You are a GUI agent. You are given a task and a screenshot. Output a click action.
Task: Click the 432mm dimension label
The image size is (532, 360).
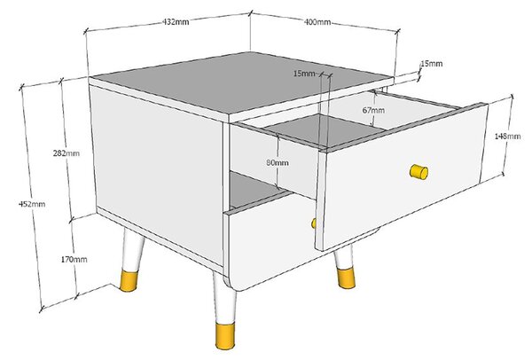[x=176, y=22]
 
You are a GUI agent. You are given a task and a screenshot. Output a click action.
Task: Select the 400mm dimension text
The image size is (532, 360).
[x=317, y=22]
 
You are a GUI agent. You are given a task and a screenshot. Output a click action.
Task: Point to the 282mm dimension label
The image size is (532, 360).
[x=66, y=153]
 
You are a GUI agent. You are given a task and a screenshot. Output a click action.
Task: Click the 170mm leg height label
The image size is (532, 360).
[x=74, y=260]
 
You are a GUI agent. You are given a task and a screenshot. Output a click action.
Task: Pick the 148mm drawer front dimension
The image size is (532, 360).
[x=507, y=136]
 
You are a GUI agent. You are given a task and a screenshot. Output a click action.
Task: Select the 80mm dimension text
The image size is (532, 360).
[x=278, y=163]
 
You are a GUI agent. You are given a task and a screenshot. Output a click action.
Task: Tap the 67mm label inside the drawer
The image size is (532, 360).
[x=373, y=110]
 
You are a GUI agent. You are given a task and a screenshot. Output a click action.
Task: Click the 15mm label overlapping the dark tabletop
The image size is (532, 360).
[x=304, y=74]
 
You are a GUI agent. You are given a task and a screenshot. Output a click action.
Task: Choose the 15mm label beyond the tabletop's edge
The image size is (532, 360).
[x=432, y=64]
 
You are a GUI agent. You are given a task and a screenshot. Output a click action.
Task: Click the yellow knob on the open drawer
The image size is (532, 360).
[x=419, y=172]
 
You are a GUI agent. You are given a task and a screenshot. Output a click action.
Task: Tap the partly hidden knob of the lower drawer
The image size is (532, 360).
[x=314, y=223]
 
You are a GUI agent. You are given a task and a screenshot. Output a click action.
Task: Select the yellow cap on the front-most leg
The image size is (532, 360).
[x=225, y=335]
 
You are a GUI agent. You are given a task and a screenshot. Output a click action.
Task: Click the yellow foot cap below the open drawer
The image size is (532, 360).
[x=347, y=278]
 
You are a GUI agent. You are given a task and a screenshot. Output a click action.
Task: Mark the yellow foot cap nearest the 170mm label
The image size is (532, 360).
[x=129, y=280]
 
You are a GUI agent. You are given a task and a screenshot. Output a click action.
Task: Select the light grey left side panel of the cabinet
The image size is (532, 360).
[x=157, y=173]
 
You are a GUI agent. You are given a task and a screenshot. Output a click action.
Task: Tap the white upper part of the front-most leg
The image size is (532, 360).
[x=224, y=298]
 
